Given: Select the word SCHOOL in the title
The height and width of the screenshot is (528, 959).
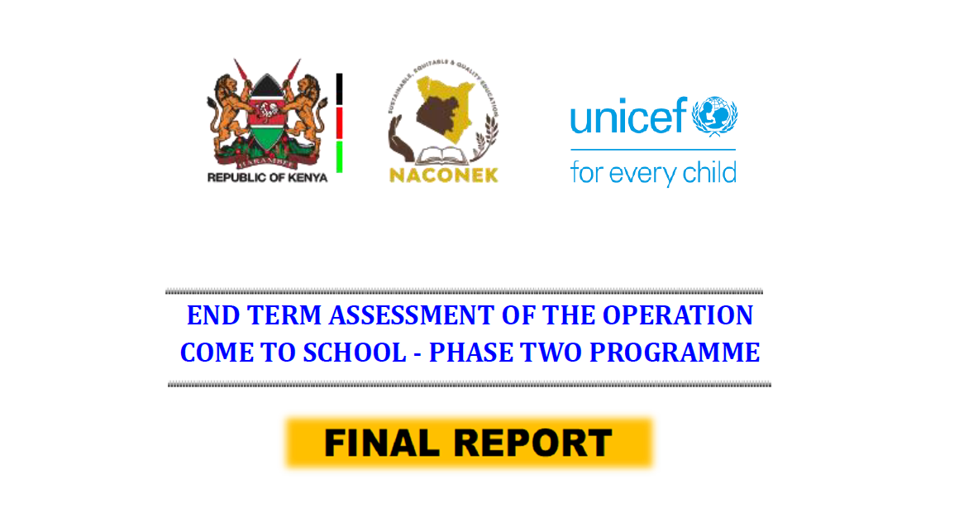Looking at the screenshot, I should tap(354, 353).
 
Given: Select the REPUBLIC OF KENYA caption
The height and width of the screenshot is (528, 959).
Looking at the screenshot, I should tap(267, 177).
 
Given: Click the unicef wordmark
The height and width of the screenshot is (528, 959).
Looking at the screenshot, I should tap(628, 118).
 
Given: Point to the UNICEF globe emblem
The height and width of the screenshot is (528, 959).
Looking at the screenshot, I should tap(714, 116).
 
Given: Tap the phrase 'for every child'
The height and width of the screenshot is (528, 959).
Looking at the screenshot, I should tap(652, 173).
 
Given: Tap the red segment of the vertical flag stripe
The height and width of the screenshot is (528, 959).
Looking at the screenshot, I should tap(339, 123).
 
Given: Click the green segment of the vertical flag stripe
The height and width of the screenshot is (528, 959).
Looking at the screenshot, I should tap(339, 156).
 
